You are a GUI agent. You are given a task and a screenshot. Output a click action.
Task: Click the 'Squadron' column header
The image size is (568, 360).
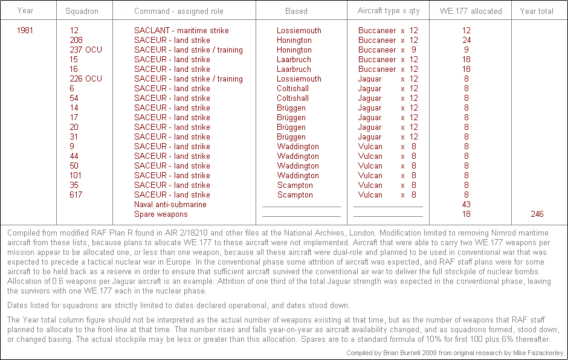coord(82,11)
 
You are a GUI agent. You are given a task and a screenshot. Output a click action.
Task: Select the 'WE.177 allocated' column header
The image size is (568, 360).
coord(470,11)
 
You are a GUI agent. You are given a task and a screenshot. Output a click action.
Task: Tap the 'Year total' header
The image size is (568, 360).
coord(537,11)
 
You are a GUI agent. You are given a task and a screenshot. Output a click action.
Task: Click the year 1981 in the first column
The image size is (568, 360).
coord(26,30)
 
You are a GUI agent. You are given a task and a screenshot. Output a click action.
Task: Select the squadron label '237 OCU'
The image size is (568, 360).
coord(86,50)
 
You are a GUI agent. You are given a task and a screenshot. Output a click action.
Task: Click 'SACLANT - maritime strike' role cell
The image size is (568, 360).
coord(181,30)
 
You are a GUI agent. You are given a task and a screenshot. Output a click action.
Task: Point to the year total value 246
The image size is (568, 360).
coord(537,214)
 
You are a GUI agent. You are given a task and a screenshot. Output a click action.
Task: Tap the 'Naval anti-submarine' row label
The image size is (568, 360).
coord(170,204)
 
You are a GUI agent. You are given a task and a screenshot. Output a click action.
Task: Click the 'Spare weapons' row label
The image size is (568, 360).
coord(161,214)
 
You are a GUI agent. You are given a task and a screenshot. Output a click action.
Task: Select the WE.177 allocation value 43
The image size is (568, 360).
coord(466,204)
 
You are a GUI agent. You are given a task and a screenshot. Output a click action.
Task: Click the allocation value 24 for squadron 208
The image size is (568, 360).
coord(466,40)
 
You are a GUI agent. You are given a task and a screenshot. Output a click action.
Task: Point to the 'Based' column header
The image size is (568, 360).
coord(296,11)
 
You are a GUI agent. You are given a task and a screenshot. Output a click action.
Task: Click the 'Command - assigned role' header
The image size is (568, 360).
coord(179,11)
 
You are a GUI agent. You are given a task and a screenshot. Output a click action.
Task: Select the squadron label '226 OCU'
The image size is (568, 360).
coord(86,79)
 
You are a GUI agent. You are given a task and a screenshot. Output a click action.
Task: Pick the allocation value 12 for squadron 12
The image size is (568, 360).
coord(466,30)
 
